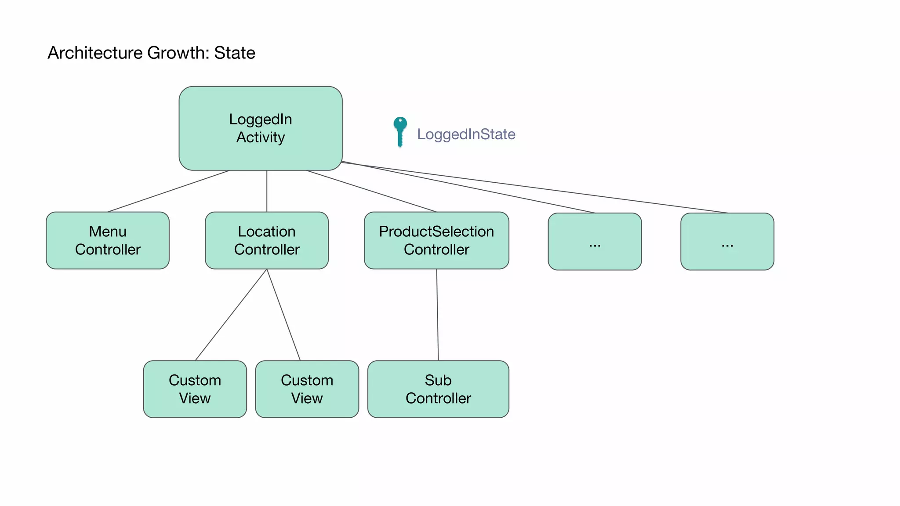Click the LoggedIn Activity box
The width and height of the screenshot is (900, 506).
tap(260, 128)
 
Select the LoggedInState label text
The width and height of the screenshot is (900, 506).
tap(466, 134)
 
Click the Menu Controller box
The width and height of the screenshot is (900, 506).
tap(108, 240)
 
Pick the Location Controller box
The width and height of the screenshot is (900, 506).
tap(267, 240)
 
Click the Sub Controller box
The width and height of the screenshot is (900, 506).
tap(438, 389)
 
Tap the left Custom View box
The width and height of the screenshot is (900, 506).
tap(195, 389)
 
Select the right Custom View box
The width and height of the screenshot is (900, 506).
tap(307, 389)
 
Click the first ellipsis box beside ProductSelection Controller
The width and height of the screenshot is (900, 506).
tap(595, 242)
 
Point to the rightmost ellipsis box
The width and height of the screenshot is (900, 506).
tap(727, 242)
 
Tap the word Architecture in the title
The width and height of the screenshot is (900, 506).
tap(95, 53)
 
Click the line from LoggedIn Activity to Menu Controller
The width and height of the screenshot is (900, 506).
tap(168, 191)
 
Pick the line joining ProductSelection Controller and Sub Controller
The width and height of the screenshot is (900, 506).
tap(437, 314)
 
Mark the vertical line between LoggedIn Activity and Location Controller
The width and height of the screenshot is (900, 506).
tap(267, 191)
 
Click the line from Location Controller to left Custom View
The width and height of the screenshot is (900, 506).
tap(231, 314)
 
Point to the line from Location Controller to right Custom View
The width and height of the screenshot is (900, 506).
tap(283, 314)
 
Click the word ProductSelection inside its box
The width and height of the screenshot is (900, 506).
tap(436, 231)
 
